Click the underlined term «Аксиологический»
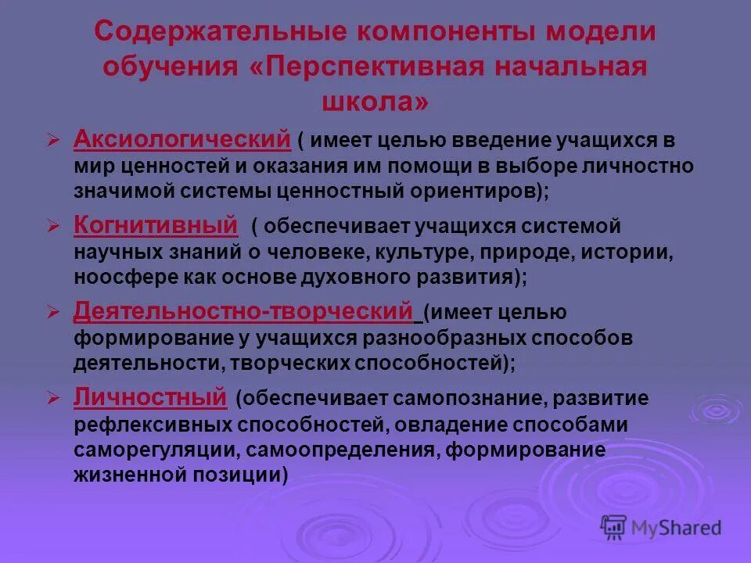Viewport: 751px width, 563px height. [x=182, y=140]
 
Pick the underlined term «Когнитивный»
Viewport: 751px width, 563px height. [x=155, y=226]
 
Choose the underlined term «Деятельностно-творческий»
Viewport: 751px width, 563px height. [x=243, y=312]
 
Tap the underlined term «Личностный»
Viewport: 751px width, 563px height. [x=149, y=397]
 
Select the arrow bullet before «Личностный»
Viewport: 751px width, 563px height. [x=53, y=399]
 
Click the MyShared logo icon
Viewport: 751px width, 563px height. [x=615, y=528]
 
